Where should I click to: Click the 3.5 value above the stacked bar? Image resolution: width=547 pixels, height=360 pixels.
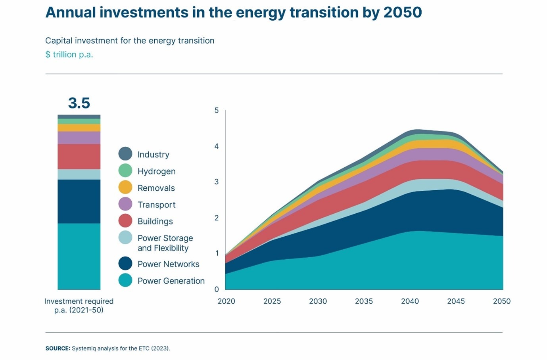[79, 103]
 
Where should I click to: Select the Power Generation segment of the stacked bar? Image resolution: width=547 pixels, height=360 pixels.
[79, 256]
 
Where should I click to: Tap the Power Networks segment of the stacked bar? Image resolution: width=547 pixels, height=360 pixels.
[79, 201]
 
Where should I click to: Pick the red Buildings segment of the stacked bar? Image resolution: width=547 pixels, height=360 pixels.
[79, 157]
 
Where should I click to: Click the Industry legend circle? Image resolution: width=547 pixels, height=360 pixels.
[125, 154]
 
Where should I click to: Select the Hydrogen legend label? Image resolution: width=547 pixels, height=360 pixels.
[156, 171]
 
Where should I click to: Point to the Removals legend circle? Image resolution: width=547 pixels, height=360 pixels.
[125, 187]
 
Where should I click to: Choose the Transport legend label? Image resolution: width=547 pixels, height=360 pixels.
[156, 205]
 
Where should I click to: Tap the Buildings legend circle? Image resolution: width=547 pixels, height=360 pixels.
[125, 221]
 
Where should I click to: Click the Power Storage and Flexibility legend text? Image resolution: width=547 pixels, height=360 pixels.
[165, 243]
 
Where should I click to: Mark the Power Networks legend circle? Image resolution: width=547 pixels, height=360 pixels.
[125, 264]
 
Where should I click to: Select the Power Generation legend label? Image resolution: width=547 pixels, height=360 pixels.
[171, 281]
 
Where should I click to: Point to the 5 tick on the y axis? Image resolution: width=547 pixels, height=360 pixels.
[217, 110]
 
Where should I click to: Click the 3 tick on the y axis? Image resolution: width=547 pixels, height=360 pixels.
[217, 182]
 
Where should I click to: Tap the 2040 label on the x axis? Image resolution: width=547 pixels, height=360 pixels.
[410, 301]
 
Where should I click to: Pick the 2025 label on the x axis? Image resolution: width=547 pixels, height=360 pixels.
[272, 301]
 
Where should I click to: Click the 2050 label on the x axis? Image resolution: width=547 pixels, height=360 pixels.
[501, 301]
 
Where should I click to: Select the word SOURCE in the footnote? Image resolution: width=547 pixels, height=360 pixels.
[58, 349]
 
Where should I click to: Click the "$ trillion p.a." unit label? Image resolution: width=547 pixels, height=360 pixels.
[69, 55]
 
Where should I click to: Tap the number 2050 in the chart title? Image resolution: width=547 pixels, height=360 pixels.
[402, 12]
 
